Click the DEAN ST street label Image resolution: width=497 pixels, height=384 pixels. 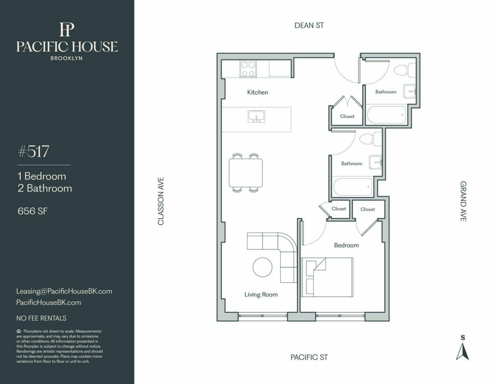pos(309,26)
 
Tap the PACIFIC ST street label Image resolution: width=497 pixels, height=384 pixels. pos(309,357)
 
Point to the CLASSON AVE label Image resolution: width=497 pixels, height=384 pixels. pos(161,201)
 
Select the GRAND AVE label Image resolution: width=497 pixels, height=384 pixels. pos(463,201)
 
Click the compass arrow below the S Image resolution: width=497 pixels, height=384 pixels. pos(462,353)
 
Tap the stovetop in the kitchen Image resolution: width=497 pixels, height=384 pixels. pos(248,68)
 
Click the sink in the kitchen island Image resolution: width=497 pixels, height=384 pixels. pos(256,117)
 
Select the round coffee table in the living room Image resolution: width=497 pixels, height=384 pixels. pos(263,267)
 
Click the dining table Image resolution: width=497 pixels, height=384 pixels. pos(246,173)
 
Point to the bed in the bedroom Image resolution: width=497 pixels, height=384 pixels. pos(327,277)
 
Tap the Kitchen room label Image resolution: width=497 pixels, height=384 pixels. pos(258,92)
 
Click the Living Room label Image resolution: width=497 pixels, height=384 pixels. pos(261,295)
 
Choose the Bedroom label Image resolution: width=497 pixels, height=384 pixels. pos(346,246)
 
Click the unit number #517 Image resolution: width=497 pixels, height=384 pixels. pos(33,151)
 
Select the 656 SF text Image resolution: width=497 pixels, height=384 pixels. pos(33,211)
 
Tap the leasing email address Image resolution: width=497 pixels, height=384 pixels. pos(64,291)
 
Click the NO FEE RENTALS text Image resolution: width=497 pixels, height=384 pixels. pos(41,318)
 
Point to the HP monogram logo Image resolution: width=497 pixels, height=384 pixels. pos(67,29)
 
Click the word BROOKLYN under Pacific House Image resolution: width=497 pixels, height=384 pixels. pos(66,58)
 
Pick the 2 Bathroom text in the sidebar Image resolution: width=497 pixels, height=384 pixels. pos(45,188)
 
